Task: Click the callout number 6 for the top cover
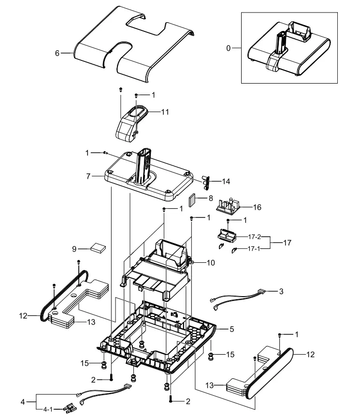57,53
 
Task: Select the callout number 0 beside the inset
229,48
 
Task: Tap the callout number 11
165,112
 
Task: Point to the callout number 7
88,176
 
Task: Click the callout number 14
226,182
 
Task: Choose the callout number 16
257,207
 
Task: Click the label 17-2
255,237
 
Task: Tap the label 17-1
255,249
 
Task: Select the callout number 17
287,243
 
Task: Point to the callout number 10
211,263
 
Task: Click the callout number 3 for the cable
281,291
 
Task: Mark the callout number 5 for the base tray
231,329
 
